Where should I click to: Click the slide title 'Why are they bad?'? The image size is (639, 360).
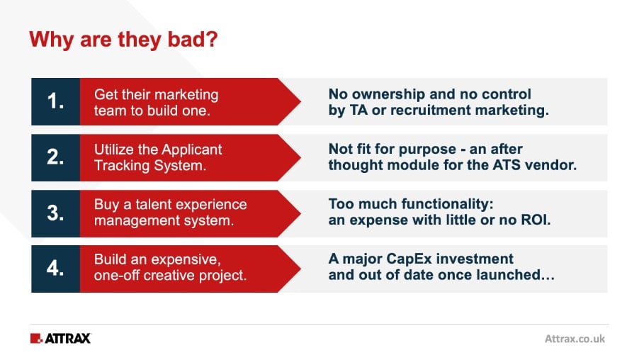pyautogui.click(x=123, y=40)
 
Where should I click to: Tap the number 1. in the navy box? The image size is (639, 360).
pyautogui.click(x=55, y=101)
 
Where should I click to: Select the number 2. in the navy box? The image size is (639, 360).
pyautogui.click(x=55, y=157)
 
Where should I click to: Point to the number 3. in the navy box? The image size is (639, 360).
pyautogui.click(x=55, y=213)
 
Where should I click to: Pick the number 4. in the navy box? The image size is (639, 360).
pyautogui.click(x=55, y=269)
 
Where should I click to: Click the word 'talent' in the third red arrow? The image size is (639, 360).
pyautogui.click(x=153, y=204)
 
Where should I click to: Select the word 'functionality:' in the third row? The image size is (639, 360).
pyautogui.click(x=448, y=204)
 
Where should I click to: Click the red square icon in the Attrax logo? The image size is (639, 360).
pyautogui.click(x=36, y=339)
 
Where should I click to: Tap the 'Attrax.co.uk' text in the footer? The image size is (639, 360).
pyautogui.click(x=575, y=339)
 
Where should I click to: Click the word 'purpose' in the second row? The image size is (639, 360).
pyautogui.click(x=427, y=150)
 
